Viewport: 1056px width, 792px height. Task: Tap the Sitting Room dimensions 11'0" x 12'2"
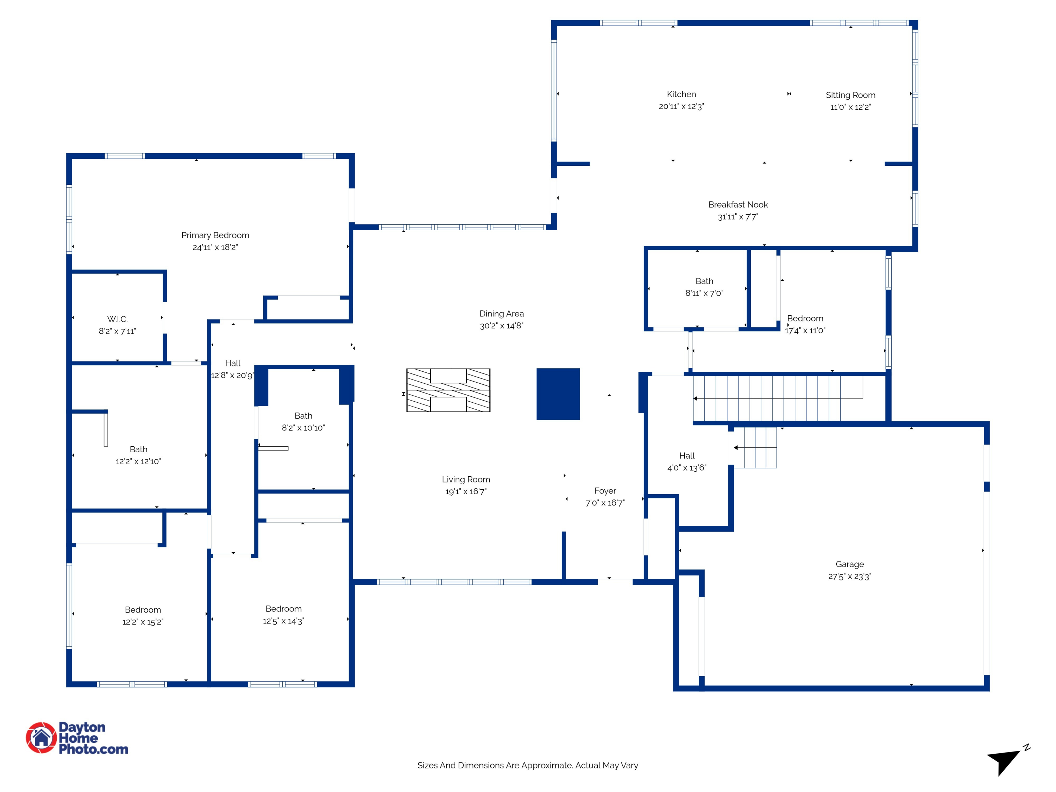point(850,107)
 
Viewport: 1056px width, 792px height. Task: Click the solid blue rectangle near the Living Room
point(558,394)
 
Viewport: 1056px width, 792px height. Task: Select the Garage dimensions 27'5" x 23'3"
point(849,577)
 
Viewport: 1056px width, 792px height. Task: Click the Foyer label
point(605,491)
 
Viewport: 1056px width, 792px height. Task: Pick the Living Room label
point(465,479)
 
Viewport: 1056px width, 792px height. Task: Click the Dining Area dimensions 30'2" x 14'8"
point(501,326)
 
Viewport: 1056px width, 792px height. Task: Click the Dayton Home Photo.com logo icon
point(42,737)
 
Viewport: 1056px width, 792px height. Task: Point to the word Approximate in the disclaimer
point(547,765)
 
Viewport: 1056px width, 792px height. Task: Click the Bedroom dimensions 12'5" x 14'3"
point(283,621)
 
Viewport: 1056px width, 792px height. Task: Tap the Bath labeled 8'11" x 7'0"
point(704,281)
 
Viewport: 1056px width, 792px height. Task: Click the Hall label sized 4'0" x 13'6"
point(686,456)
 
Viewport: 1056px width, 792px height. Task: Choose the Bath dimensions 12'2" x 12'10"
point(138,461)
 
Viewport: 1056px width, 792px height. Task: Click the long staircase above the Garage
point(778,398)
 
